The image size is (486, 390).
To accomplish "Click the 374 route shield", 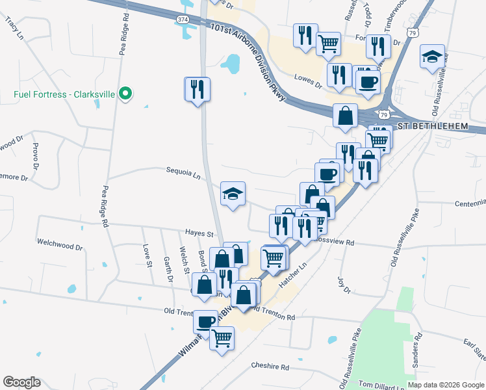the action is coord(183,20).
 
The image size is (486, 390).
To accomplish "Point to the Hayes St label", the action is coord(199,233).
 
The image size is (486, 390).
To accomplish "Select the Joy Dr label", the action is coord(344,284).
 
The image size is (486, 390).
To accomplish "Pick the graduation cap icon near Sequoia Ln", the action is coord(233,193).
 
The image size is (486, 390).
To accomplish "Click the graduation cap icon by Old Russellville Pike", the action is coord(431,56).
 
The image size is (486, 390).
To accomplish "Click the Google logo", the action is coord(22,382).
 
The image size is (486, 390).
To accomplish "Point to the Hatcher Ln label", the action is coord(292,276).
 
